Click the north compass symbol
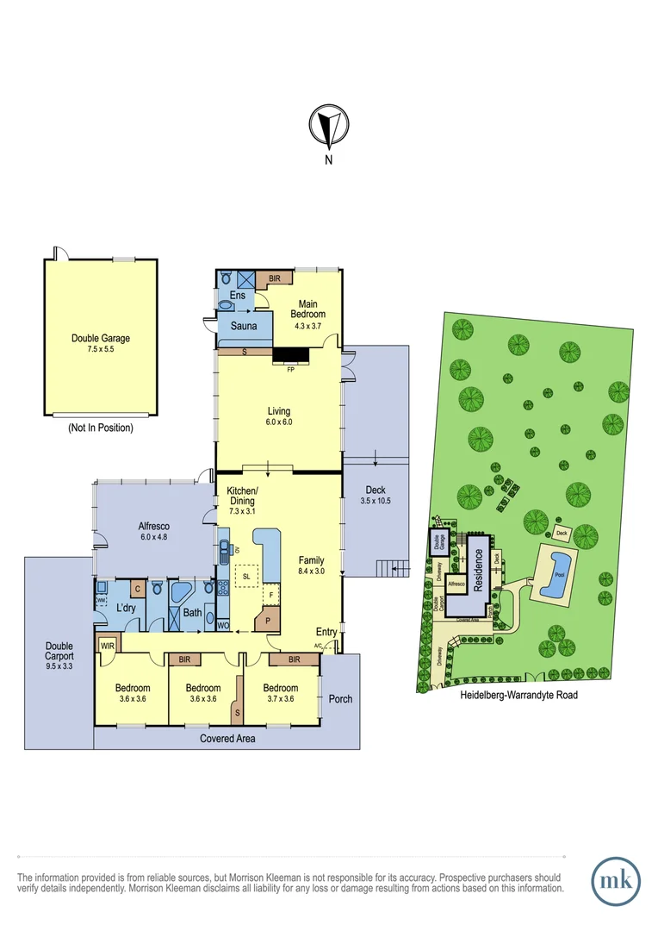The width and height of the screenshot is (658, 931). pyautogui.click(x=327, y=127)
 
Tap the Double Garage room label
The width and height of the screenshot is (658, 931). pyautogui.click(x=101, y=339)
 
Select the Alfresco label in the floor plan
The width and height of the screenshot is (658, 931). pyautogui.click(x=156, y=525)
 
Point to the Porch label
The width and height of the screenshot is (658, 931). pyautogui.click(x=340, y=698)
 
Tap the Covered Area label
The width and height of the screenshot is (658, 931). pyautogui.click(x=227, y=738)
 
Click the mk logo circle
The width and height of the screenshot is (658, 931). pyautogui.click(x=616, y=880)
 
